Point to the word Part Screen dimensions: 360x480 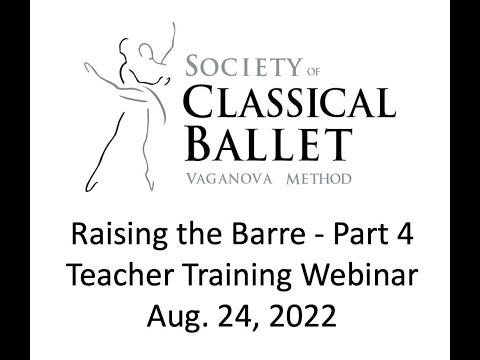pyautogui.click(x=338, y=240)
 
